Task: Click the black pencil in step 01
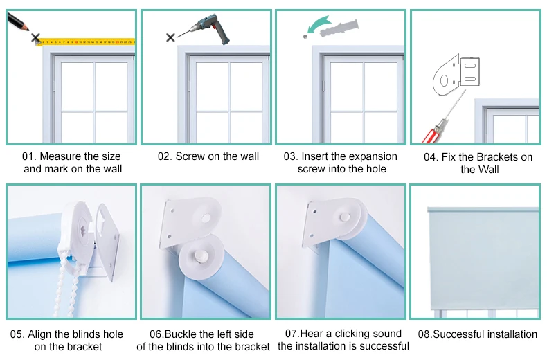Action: click(x=17, y=21)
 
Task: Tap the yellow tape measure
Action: click(x=86, y=42)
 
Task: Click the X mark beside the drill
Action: click(x=170, y=37)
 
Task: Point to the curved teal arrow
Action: click(x=317, y=25)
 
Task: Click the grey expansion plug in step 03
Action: click(x=339, y=28)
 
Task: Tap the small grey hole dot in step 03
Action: click(x=305, y=36)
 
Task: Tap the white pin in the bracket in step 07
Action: click(x=345, y=217)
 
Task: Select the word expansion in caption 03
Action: click(x=373, y=156)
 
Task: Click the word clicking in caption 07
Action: click(x=354, y=334)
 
